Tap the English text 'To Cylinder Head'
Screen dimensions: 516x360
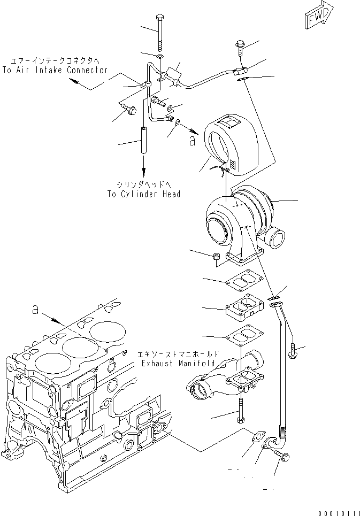(x=143, y=194)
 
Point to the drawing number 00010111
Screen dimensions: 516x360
(x=338, y=511)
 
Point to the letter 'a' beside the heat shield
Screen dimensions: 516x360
(x=192, y=141)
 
